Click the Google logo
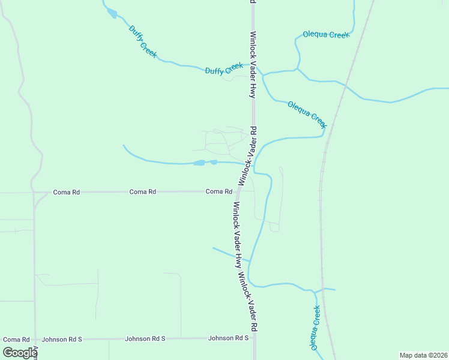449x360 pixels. [x=20, y=353]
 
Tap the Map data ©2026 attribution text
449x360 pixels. [x=423, y=355]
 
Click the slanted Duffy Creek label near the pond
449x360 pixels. [x=143, y=41]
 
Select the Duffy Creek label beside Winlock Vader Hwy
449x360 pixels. [x=224, y=69]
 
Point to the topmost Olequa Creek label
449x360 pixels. [x=326, y=35]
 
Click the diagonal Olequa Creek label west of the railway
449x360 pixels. [x=307, y=114]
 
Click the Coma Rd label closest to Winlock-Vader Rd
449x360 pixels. [x=218, y=191]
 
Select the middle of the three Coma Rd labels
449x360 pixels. [x=143, y=191]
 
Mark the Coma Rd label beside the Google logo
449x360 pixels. [x=16, y=340]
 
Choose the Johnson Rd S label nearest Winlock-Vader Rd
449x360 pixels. [x=228, y=338]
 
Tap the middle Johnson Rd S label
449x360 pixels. [x=145, y=339]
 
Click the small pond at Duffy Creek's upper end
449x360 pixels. [x=112, y=13]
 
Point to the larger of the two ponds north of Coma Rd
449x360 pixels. [x=199, y=163]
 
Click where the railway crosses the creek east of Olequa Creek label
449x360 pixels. [x=345, y=86]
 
